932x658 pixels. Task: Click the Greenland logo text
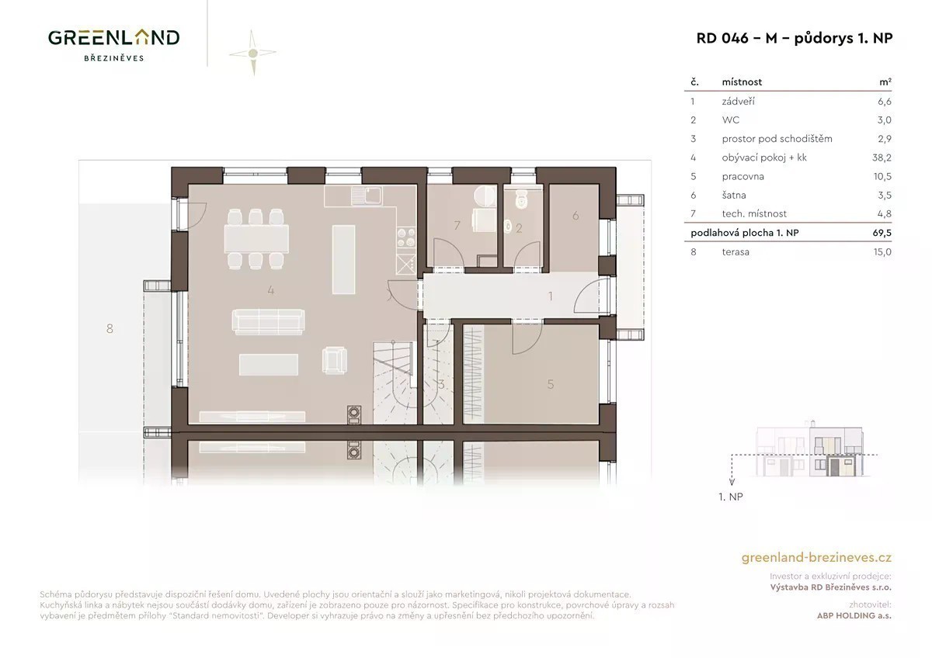[x=113, y=38]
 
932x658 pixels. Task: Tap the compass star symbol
[x=252, y=53]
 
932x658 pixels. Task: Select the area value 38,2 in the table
[x=882, y=158]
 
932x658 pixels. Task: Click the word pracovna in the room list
[x=742, y=176]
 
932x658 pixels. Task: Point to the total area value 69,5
[x=882, y=232]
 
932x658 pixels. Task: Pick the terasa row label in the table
[x=736, y=252]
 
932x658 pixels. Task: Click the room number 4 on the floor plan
[x=271, y=290]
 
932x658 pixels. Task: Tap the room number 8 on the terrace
[x=110, y=329]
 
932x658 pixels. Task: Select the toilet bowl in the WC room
[x=521, y=199]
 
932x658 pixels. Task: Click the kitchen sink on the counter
[x=366, y=196]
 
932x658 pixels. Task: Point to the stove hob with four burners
[x=405, y=237]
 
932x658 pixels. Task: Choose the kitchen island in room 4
[x=343, y=259]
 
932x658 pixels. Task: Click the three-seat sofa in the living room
[x=269, y=322]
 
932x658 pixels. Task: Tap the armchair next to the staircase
[x=335, y=360]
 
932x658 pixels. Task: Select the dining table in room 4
[x=256, y=238]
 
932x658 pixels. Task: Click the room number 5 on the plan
[x=551, y=384]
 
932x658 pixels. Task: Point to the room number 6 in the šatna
[x=576, y=215]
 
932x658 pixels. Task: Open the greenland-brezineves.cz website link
[x=816, y=557]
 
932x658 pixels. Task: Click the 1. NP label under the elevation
[x=731, y=497]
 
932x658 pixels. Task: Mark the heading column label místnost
[x=742, y=82]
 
